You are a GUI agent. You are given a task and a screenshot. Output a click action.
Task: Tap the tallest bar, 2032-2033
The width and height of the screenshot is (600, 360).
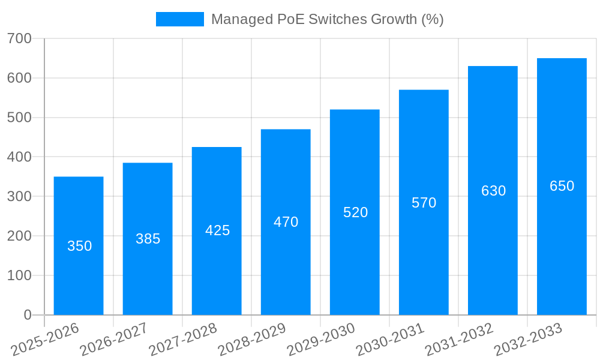pyautogui.click(x=562, y=240)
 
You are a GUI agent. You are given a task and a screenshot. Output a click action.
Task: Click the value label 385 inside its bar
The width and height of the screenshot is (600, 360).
pyautogui.click(x=148, y=239)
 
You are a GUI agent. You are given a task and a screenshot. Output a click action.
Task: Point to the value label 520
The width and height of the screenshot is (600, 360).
pyautogui.click(x=355, y=212)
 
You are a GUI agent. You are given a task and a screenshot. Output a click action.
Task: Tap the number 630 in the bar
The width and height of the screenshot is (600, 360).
pyautogui.click(x=493, y=191)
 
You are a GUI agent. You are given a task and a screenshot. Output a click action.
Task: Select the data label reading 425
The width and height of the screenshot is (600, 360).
pyautogui.click(x=217, y=230)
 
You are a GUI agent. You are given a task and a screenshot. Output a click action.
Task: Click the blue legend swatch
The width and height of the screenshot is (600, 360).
pyautogui.click(x=179, y=19)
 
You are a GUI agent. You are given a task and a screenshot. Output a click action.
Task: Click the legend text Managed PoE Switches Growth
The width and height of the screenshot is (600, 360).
pyautogui.click(x=327, y=19)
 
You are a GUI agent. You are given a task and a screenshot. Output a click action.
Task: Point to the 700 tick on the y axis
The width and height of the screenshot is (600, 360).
pyautogui.click(x=20, y=38)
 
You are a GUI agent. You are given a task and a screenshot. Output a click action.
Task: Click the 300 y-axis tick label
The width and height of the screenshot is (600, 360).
pyautogui.click(x=20, y=196)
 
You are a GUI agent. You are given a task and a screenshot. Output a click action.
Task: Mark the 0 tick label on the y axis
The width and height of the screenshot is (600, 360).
pyautogui.click(x=27, y=314)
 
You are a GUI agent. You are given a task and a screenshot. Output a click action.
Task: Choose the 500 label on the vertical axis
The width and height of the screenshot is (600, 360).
pyautogui.click(x=20, y=118)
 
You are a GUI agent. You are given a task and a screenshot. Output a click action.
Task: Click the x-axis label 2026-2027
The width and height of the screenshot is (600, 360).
pyautogui.click(x=114, y=340)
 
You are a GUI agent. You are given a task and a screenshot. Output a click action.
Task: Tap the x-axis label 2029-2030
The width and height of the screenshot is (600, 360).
pyautogui.click(x=322, y=340)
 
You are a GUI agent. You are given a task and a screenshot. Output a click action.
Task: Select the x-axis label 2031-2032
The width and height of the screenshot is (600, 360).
pyautogui.click(x=460, y=340)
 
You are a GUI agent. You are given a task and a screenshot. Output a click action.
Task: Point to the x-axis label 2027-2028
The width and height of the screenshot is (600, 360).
pyautogui.click(x=183, y=340)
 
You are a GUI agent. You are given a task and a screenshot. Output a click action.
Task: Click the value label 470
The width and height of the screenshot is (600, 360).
pyautogui.click(x=286, y=222)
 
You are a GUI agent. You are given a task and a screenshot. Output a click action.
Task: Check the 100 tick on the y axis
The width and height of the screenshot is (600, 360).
pyautogui.click(x=20, y=275)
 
